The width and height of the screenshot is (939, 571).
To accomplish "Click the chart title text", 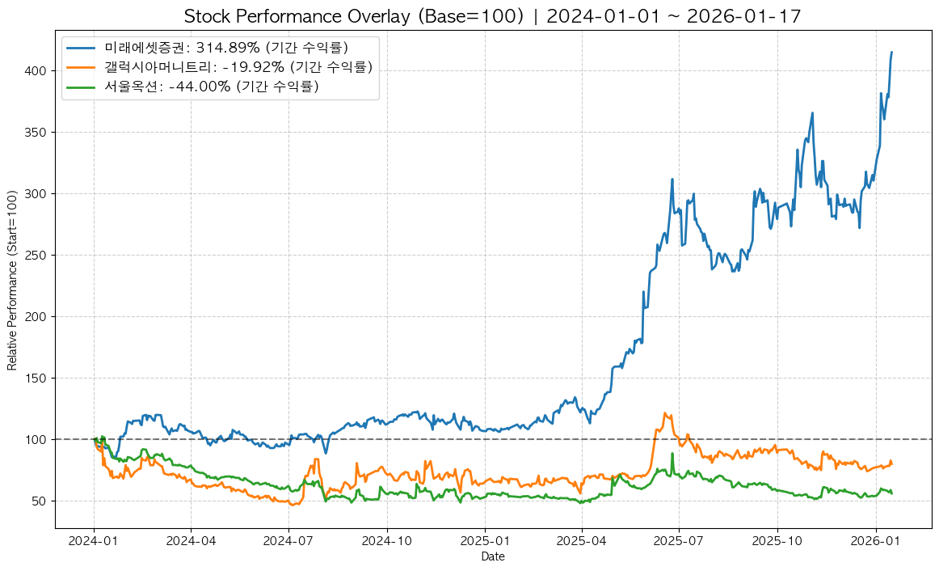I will pos(492,16).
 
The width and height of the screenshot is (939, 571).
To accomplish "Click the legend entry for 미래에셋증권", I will pos(226,48).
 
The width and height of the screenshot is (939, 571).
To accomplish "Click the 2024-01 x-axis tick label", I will pos(94,539).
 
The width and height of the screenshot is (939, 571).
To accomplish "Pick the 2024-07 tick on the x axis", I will pos(288,539).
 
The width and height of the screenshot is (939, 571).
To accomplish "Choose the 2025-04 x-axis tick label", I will pos(582,539).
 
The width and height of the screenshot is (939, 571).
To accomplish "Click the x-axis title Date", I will pos(492,556).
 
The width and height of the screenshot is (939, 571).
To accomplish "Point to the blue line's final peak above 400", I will pos(891,53).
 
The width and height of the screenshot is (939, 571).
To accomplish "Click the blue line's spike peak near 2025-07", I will pos(672,180).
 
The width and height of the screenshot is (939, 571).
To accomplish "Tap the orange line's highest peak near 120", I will pos(664,413).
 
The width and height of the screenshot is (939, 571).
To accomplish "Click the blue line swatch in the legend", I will pos(82,48).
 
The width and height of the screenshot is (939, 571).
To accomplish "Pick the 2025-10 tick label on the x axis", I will pos(777,539).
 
